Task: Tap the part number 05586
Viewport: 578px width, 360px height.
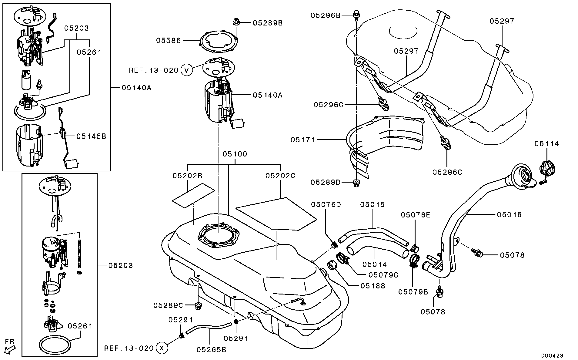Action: (x=168, y=40)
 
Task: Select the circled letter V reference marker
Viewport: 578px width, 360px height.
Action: (x=186, y=70)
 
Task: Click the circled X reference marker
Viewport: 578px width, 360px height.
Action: (x=162, y=348)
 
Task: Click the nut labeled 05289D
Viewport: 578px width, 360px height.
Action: (x=356, y=183)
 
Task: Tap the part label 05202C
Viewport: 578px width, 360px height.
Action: (x=280, y=176)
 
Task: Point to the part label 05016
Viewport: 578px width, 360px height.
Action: (x=510, y=215)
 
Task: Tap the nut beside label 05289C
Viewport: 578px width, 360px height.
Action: (x=198, y=305)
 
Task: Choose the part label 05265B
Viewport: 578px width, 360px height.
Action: (x=211, y=350)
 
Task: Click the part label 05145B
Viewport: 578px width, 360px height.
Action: (x=91, y=136)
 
